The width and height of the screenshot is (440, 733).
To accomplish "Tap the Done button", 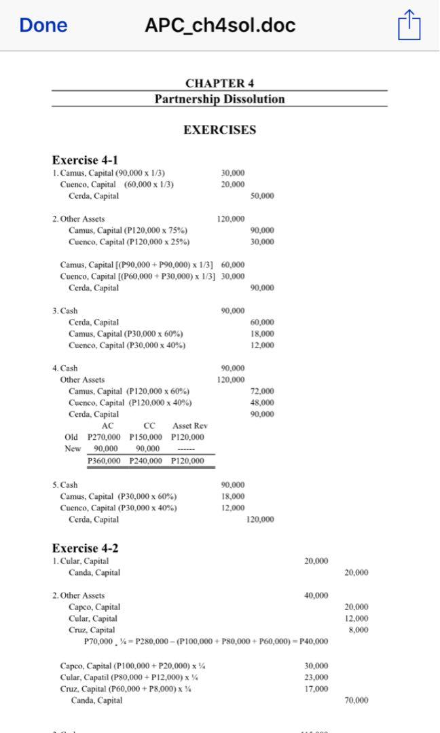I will [43, 26].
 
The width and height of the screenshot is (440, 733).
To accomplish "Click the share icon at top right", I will [409, 26].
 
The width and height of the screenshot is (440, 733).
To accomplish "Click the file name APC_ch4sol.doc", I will [220, 26].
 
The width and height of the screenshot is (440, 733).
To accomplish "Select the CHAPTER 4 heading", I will [219, 83].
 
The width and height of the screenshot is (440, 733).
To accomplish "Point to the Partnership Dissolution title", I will [219, 99].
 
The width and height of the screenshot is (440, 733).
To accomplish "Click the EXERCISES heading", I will [219, 130].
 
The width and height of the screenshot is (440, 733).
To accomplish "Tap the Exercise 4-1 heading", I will [85, 160].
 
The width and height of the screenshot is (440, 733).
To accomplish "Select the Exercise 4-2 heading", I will [85, 548].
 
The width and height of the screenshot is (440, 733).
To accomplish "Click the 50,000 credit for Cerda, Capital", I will [262, 196].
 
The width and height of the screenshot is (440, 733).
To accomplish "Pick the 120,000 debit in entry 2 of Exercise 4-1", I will [231, 219].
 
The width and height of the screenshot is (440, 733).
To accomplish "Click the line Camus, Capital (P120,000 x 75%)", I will [128, 230].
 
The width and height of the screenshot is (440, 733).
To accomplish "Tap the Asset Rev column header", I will [190, 426].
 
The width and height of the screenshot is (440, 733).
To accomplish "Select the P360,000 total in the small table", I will [103, 461].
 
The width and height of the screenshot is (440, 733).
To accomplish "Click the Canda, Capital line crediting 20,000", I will [94, 573].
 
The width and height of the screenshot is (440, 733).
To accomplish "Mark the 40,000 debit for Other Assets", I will [316, 595].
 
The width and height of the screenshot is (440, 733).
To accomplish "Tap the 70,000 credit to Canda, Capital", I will [356, 700].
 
